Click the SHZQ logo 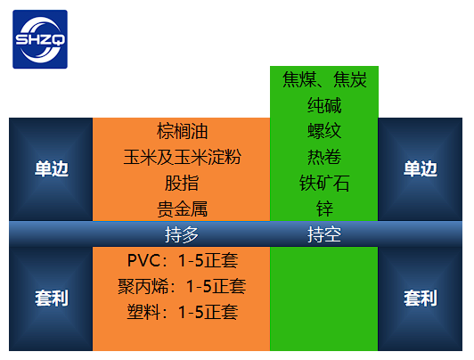click(40, 39)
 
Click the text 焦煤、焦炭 click(324, 80)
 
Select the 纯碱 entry click(324, 105)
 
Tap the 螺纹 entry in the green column click(324, 131)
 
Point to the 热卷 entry click(324, 157)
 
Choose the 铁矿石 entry click(324, 183)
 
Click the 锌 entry click(324, 209)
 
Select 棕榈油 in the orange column click(182, 131)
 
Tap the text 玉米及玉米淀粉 click(182, 157)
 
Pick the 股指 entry click(182, 183)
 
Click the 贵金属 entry click(182, 209)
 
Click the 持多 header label click(182, 234)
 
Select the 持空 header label click(324, 234)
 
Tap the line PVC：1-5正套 click(183, 260)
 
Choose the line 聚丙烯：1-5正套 click(182, 286)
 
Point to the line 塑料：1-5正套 click(183, 312)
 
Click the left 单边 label click(52, 168)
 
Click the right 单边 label click(421, 168)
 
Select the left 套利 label click(52, 298)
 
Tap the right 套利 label click(421, 298)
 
